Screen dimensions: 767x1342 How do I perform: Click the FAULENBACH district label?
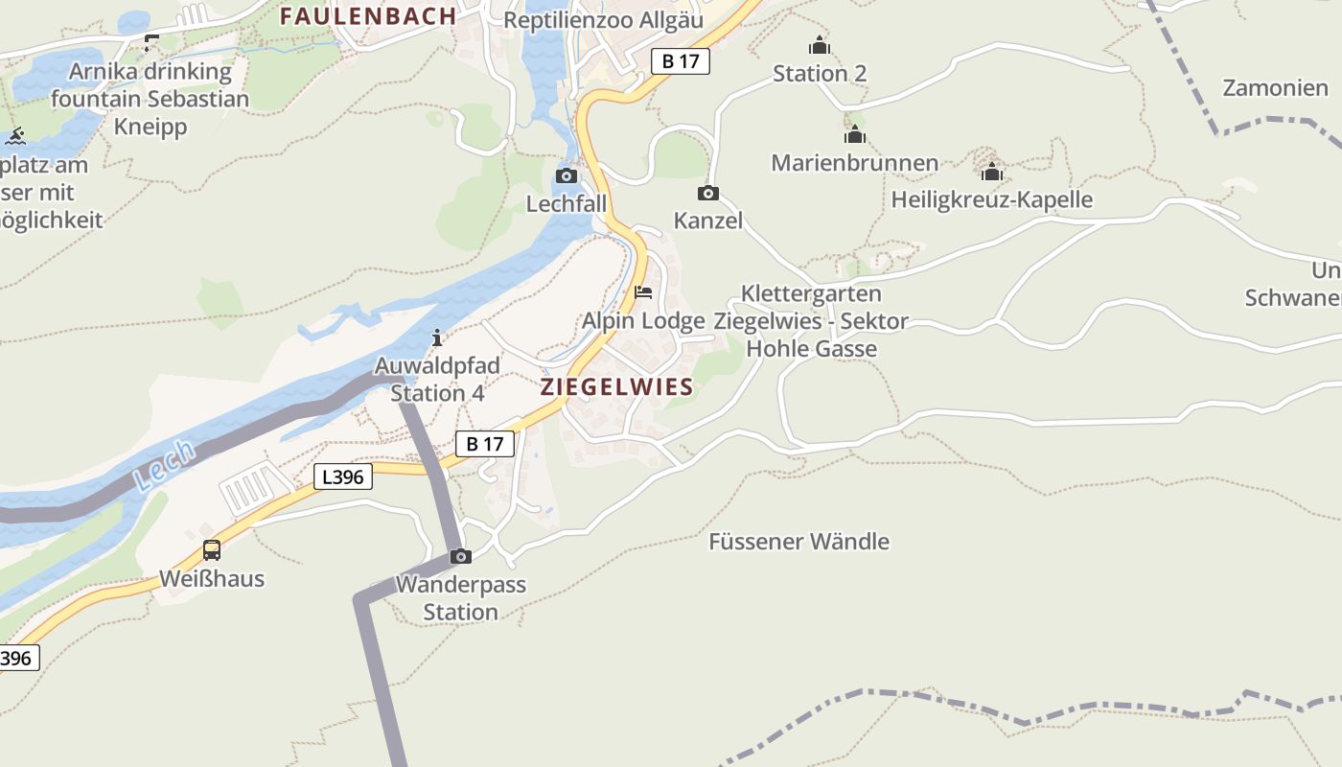pos(368,15)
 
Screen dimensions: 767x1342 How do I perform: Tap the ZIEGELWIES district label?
pos(616,387)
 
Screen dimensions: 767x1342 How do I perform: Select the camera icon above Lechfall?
pos(567,175)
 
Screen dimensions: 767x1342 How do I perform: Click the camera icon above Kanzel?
pos(708,193)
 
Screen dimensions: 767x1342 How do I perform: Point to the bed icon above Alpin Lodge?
pos(643,291)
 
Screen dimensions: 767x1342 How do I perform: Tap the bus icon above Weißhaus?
pos(212,550)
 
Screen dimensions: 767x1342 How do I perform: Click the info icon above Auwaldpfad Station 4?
pos(437,337)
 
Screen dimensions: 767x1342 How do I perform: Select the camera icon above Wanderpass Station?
pos(461,556)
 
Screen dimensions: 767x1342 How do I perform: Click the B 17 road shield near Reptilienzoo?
pos(681,61)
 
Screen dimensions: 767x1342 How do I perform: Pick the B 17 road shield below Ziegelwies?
pos(485,444)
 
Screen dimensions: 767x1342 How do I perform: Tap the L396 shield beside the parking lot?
pos(343,476)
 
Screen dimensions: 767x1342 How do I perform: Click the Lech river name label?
pos(164,466)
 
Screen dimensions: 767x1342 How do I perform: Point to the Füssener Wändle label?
pos(798,542)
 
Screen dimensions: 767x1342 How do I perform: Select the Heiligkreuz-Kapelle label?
pos(991,199)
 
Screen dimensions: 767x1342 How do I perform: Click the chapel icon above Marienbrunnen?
pos(855,134)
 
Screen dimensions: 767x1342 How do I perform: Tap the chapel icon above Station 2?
pos(820,45)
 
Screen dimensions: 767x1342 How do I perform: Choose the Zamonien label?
pos(1275,88)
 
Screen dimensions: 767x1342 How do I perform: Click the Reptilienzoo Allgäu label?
pos(603,20)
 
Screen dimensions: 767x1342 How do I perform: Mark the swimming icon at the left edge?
pos(14,136)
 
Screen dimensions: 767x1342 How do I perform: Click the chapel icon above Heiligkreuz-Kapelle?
pos(992,173)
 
